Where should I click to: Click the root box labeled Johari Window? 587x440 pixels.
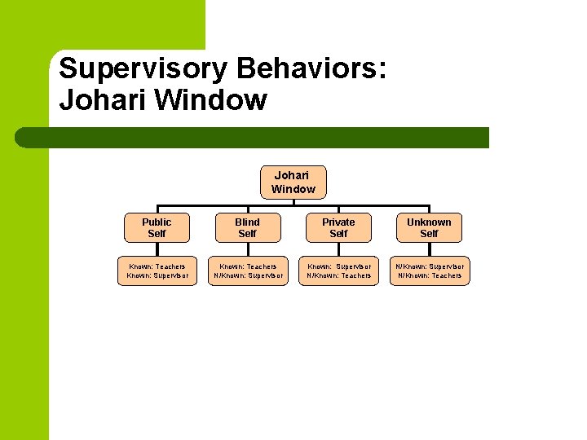click(293, 183)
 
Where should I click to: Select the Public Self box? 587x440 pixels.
click(157, 227)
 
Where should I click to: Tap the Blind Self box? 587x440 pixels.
click(247, 227)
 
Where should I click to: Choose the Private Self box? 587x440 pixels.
click(338, 227)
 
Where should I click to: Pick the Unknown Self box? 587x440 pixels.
click(429, 227)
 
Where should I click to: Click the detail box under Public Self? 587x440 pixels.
click(157, 271)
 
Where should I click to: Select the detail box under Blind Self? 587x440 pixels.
click(247, 271)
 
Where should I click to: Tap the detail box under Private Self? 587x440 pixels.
click(338, 271)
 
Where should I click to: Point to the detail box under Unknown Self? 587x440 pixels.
click(429, 271)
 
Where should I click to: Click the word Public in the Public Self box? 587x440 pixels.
click(157, 222)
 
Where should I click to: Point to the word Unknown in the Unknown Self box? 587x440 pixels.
click(429, 222)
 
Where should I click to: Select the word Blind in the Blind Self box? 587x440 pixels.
click(247, 222)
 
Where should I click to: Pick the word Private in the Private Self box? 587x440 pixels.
click(338, 222)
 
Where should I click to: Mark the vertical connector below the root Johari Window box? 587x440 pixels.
click(293, 202)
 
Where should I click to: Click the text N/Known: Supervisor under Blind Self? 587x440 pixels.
click(248, 276)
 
